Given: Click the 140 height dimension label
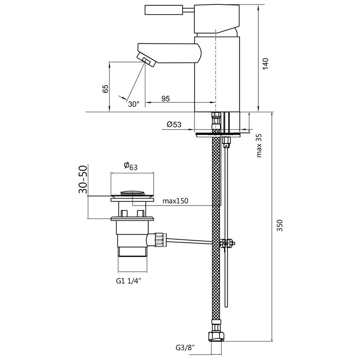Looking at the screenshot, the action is point(265,64).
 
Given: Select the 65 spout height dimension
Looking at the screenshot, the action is point(105,89).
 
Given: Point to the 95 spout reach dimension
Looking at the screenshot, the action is point(165,99).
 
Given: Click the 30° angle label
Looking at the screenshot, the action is point(134,104).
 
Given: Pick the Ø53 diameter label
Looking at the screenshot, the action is point(174,124).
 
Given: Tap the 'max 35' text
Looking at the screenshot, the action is point(259,146).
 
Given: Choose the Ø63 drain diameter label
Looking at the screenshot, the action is point(131,166).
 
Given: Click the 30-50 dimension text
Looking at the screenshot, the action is point(83,180).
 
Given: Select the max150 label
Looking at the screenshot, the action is point(175,201).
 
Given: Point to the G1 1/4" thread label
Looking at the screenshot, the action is point(130,281).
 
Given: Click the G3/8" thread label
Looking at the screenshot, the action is point(185,348).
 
